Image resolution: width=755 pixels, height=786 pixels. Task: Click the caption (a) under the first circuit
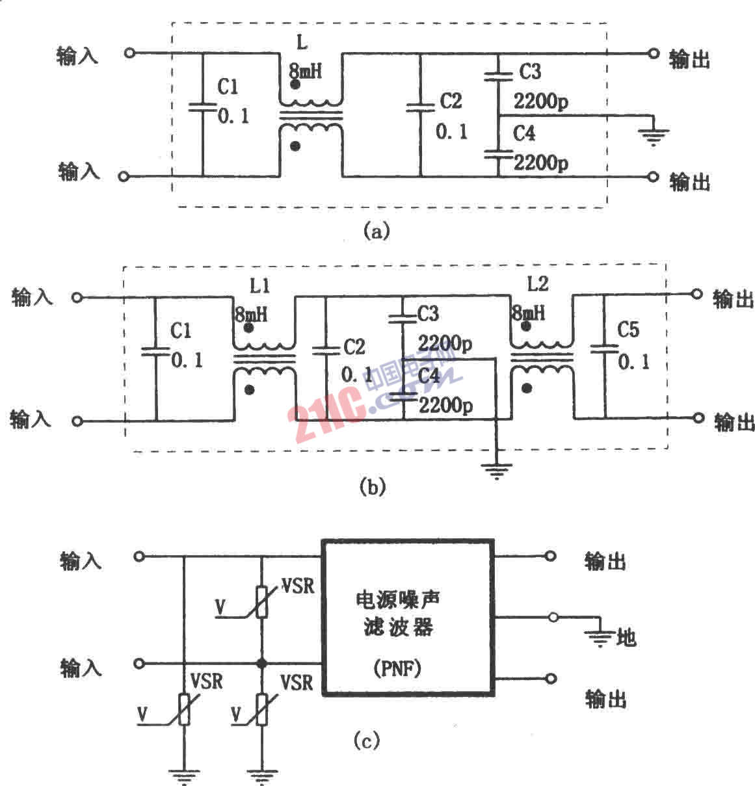(x=377, y=231)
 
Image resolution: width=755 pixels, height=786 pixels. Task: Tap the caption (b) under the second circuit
(x=372, y=487)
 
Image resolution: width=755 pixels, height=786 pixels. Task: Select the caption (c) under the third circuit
(x=366, y=740)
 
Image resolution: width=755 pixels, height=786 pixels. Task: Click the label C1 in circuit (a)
(x=228, y=87)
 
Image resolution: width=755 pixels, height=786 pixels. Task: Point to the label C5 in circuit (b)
(x=628, y=330)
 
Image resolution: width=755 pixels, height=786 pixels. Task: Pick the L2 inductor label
(x=538, y=284)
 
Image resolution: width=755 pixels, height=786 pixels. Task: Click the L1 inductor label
(x=259, y=286)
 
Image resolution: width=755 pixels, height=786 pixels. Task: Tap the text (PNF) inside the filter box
(x=397, y=668)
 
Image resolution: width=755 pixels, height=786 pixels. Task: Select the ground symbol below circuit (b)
(x=496, y=470)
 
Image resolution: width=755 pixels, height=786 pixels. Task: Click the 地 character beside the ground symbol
(x=626, y=638)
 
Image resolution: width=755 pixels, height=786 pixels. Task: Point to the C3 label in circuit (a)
(x=530, y=72)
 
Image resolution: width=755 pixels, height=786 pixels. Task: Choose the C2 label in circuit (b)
(x=354, y=347)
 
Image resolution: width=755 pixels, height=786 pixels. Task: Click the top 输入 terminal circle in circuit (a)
(x=129, y=53)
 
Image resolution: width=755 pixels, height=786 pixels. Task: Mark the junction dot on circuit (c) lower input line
(x=262, y=664)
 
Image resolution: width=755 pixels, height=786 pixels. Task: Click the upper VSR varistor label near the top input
(x=297, y=586)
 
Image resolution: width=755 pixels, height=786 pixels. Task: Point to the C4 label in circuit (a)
(x=524, y=133)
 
